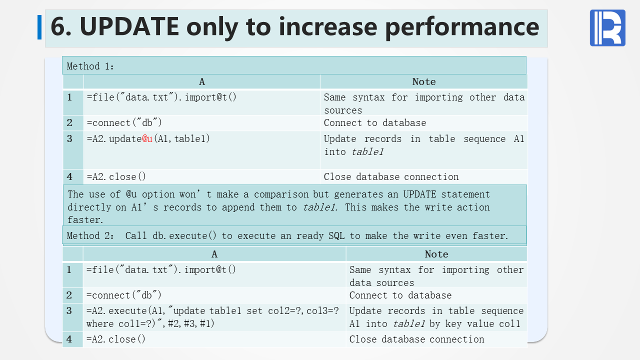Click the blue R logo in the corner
(x=607, y=27)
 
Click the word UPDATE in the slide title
(x=129, y=26)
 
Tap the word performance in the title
(x=462, y=28)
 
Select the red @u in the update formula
(x=147, y=139)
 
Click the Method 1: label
(x=90, y=66)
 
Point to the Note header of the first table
(x=424, y=82)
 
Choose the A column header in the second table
(x=214, y=254)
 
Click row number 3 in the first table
(x=69, y=139)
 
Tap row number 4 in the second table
(x=69, y=339)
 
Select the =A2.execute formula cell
(x=212, y=317)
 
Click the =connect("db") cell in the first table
(x=124, y=123)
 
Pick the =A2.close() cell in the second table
(x=115, y=339)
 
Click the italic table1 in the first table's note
(x=367, y=151)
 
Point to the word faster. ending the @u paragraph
(x=85, y=220)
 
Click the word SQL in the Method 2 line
(x=336, y=235)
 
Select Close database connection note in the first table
(x=391, y=177)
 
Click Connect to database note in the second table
(x=400, y=295)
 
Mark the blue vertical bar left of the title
(x=39, y=27)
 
